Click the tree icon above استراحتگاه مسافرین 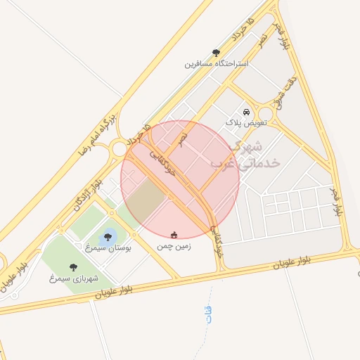click(x=216, y=53)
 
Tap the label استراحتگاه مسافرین click(x=217, y=64)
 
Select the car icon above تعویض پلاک click(x=245, y=112)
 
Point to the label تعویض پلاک click(x=246, y=123)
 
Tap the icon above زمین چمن click(x=174, y=235)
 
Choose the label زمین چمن click(x=174, y=247)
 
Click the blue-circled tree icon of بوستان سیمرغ click(x=108, y=236)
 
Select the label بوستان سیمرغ click(x=108, y=248)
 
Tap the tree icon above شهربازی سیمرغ click(x=73, y=267)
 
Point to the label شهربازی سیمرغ click(x=73, y=278)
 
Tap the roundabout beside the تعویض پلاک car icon click(x=265, y=114)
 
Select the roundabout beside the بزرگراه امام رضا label click(x=118, y=148)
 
